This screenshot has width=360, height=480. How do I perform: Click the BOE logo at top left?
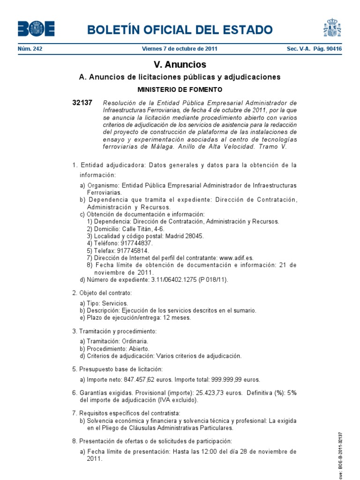pos(36,29)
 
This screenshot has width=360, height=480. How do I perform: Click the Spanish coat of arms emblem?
pos(332,27)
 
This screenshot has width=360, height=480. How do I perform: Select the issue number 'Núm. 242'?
pos(30,49)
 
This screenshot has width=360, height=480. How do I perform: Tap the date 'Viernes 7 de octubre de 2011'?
pos(180,49)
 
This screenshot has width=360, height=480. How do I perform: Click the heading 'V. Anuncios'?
pos(180,65)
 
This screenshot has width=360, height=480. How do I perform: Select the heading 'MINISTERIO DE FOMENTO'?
pos(180,89)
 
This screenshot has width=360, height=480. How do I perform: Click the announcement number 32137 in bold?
pos(82,103)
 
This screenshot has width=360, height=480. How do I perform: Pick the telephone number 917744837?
pos(136,243)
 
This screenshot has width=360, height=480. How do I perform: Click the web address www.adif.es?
pos(236,257)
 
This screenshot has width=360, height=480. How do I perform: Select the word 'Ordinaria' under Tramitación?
pos(135,341)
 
